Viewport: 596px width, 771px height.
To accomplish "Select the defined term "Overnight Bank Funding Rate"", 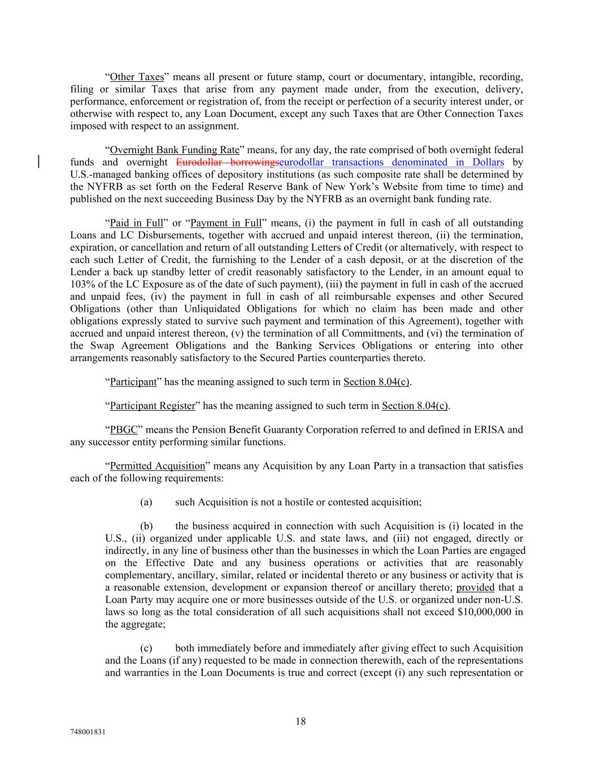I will coord(175,150).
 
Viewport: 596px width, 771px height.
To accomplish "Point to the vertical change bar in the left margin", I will coord(38,162).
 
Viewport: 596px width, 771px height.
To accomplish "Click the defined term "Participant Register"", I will coord(153,406).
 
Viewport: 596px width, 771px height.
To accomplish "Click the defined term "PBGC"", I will coord(124,430).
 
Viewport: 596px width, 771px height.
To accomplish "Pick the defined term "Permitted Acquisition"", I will coord(157,466).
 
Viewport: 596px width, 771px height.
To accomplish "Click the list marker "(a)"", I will coord(146,502).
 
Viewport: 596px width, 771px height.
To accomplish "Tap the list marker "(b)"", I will coord(146,526).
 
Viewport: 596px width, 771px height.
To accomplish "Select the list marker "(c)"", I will coord(146,648).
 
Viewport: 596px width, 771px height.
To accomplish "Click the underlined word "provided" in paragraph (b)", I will coord(475,587).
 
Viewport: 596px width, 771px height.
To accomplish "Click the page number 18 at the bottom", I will coord(301,721).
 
